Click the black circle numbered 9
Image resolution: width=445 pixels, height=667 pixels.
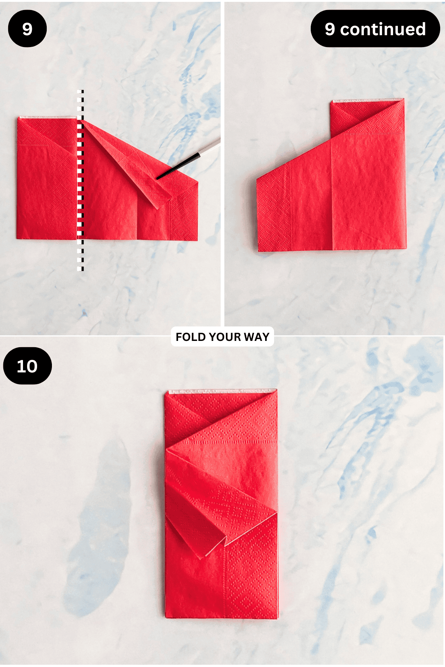(x=27, y=29)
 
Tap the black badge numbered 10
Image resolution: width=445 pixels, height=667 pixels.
(x=27, y=366)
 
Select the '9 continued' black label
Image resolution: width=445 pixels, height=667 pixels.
(x=375, y=29)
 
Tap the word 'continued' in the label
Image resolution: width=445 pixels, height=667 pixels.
(x=383, y=29)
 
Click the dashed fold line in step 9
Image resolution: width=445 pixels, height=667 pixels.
(x=80, y=180)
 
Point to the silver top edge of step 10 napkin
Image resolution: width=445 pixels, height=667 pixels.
(x=222, y=391)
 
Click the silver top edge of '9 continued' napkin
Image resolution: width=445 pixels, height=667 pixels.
(x=367, y=100)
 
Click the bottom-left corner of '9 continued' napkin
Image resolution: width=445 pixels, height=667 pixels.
(x=258, y=252)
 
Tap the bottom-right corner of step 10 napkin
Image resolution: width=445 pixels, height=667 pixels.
(x=277, y=618)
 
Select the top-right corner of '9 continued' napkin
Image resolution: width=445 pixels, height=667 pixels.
(x=404, y=99)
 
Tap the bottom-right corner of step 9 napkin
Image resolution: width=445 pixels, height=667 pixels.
(x=198, y=240)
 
